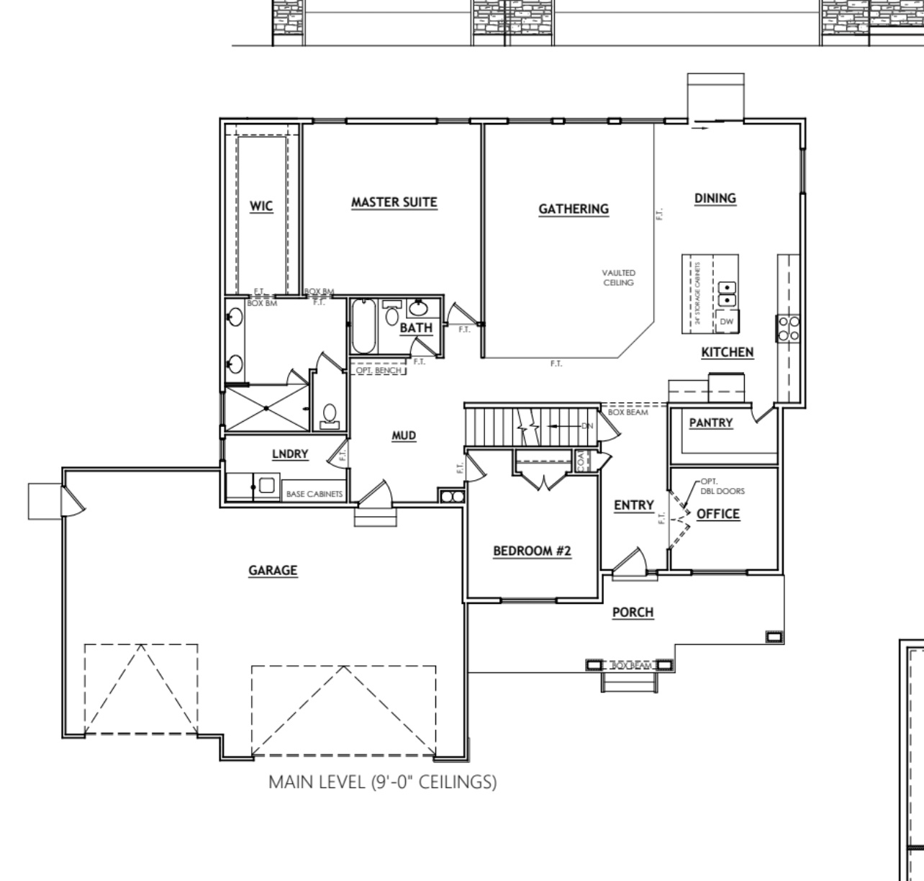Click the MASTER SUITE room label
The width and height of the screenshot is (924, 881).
click(x=394, y=202)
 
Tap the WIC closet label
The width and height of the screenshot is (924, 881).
click(x=261, y=207)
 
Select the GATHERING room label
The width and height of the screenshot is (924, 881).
click(x=574, y=209)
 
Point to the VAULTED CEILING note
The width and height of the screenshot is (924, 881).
click(x=619, y=278)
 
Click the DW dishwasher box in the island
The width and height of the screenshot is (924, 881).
click(x=727, y=322)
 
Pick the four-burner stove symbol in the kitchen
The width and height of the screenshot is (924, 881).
click(x=788, y=328)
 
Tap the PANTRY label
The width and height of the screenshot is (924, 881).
click(x=710, y=423)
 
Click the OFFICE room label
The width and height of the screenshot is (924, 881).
click(x=717, y=514)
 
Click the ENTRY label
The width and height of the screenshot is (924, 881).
click(x=633, y=505)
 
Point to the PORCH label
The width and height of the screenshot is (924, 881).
click(x=633, y=613)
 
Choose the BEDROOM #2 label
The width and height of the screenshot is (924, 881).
click(x=532, y=551)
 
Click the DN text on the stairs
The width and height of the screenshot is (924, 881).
click(x=586, y=426)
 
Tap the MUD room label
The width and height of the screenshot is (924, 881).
click(x=404, y=435)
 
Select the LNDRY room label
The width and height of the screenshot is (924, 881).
click(x=290, y=453)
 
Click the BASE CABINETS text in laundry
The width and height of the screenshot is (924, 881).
click(x=314, y=494)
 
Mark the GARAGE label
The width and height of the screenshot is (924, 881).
click(x=273, y=570)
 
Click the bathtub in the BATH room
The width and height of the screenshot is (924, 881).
click(x=362, y=327)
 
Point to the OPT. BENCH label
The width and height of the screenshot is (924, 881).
click(x=379, y=371)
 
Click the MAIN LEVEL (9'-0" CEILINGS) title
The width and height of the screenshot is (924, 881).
click(x=382, y=782)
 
